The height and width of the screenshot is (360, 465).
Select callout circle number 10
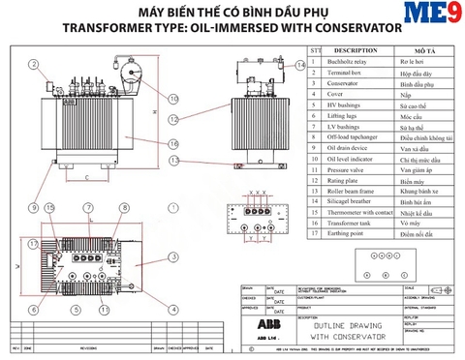tap(173, 99)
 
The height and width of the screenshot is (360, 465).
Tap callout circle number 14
tap(300, 65)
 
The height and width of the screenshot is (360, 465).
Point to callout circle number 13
tap(173, 159)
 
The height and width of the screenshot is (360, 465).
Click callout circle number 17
tap(33, 243)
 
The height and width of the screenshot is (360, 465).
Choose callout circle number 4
tap(173, 309)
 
